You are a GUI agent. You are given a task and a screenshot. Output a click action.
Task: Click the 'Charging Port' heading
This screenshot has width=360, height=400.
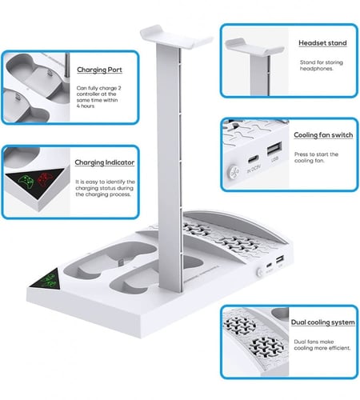pos(99,70)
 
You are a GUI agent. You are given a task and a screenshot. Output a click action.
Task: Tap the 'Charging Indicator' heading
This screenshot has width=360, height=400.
pos(105,162)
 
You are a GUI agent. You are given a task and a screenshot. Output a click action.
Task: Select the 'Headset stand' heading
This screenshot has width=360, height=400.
pos(322,43)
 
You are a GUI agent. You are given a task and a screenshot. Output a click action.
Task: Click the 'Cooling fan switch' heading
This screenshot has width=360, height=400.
pos(323,135)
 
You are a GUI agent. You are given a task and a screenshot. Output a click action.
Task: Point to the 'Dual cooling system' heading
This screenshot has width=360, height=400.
pos(323,322)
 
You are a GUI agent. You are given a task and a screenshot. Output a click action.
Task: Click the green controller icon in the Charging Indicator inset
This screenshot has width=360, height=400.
pos(26,182)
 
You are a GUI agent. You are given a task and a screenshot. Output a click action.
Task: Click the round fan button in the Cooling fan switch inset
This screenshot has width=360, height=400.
pos(234,172)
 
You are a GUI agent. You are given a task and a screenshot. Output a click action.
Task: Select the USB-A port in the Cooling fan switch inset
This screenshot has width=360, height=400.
pos(274,149)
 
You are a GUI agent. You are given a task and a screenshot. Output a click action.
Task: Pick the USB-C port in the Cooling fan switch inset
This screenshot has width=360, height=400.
pos(254,160)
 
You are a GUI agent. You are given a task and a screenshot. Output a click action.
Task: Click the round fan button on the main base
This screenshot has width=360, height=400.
pos(259,272)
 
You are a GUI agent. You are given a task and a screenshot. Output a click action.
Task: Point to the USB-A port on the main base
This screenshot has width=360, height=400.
pos(280,259)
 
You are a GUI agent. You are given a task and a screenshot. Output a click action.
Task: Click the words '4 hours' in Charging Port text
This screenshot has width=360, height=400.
pos(86,106)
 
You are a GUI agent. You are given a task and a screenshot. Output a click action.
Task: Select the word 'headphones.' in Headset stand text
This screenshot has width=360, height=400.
pos(317,69)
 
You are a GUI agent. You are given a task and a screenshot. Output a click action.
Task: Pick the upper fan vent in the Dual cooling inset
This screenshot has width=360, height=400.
pos(240,323)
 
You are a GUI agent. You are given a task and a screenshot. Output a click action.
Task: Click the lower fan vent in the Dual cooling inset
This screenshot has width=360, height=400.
pos(266,346)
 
